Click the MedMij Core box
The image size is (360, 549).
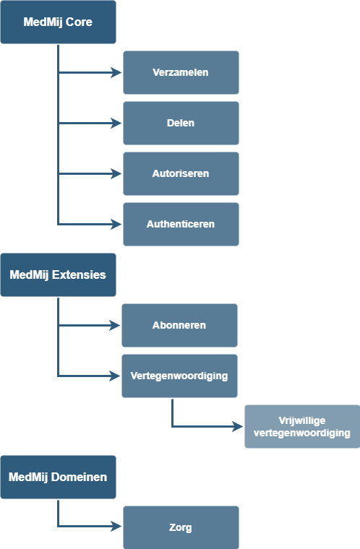(x=58, y=22)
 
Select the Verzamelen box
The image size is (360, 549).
(x=181, y=72)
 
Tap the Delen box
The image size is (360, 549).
(x=181, y=123)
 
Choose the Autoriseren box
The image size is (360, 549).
(x=181, y=173)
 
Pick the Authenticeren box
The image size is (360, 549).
(x=181, y=224)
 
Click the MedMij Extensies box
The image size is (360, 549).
(x=58, y=274)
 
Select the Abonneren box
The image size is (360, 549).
(x=179, y=325)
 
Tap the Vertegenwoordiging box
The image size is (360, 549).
(x=179, y=376)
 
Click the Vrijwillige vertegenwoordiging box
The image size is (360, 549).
(x=302, y=426)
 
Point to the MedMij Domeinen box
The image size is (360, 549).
(x=58, y=477)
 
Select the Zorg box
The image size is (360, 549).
(x=181, y=527)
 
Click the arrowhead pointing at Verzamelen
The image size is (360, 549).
(x=116, y=72)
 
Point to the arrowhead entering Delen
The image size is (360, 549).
(x=116, y=123)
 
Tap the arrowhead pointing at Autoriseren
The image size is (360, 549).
(x=116, y=173)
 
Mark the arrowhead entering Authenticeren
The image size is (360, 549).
(x=116, y=224)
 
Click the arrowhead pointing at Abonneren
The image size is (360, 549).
(x=116, y=325)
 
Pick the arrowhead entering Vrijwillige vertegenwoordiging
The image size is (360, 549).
(x=238, y=426)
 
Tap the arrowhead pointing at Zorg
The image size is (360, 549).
(x=116, y=526)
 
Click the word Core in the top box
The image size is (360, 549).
(x=79, y=22)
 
